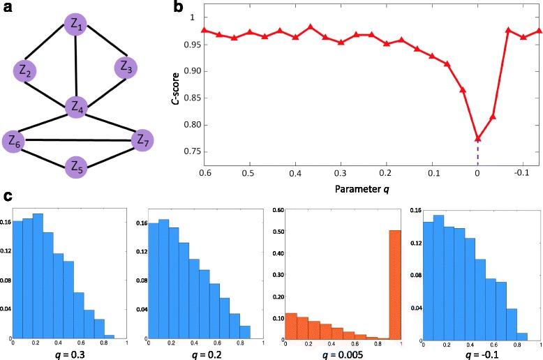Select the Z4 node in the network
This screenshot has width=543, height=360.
(76, 107)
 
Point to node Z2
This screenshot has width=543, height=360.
(25, 70)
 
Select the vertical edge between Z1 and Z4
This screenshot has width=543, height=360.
(76, 66)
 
